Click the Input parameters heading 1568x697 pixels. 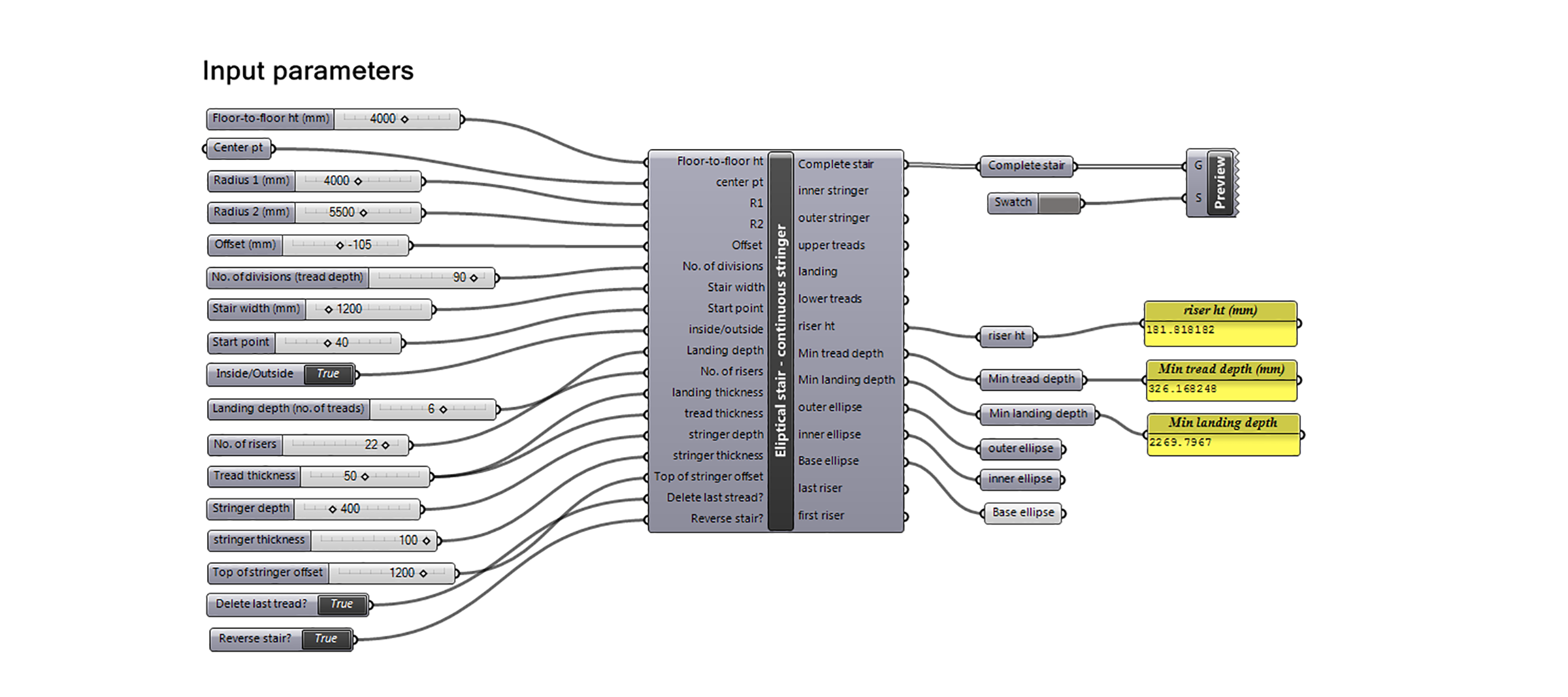coord(308,71)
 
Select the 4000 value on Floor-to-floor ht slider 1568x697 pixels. coord(382,119)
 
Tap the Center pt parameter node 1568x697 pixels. coord(238,148)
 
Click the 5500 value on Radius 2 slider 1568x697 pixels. coord(341,212)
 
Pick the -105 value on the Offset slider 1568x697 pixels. coord(359,245)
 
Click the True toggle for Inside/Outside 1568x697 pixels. coord(328,374)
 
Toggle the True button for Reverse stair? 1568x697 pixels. coord(325,639)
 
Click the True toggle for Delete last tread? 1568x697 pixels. coord(342,604)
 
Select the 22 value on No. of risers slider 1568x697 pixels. coord(370,445)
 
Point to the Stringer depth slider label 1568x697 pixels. coord(251,508)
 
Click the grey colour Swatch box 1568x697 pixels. coord(1058,203)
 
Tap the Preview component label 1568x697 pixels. coord(1219,183)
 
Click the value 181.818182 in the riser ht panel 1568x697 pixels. coord(1180,330)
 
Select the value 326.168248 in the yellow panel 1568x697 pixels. coord(1183,389)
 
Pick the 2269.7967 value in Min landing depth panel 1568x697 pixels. coord(1180,442)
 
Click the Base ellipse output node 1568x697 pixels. coord(1023,513)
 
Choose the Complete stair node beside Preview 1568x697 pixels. coord(1026,166)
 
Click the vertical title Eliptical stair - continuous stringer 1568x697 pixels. coord(781,340)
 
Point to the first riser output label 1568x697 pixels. coord(821,515)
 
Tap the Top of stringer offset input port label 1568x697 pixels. coord(708,477)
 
